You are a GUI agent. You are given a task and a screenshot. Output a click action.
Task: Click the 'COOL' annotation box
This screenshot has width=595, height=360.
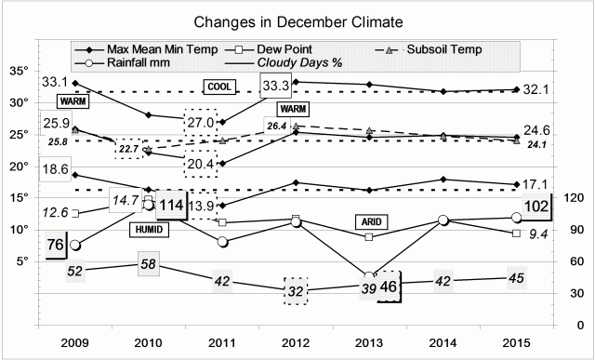click(x=220, y=87)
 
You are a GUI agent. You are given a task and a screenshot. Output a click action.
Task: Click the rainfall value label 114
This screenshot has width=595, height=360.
click(x=169, y=207)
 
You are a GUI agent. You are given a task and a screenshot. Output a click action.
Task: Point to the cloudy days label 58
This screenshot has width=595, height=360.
click(x=148, y=265)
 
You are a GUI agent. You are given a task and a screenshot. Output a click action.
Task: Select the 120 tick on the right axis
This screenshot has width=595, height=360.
click(x=574, y=197)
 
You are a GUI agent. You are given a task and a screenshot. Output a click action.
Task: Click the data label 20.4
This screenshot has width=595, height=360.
click(x=202, y=164)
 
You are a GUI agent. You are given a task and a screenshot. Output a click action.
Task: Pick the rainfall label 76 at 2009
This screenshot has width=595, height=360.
click(x=55, y=246)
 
